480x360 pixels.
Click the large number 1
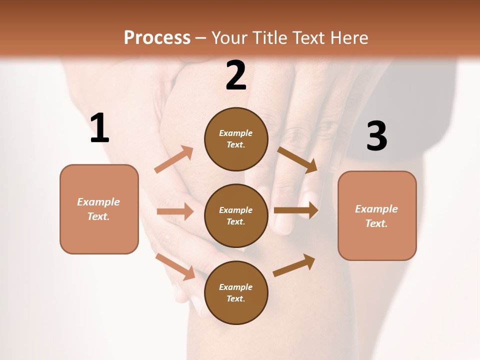99,128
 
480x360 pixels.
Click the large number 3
376,136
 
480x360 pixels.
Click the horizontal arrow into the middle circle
175,211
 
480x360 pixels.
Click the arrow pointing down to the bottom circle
175,266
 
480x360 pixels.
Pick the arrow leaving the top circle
297,160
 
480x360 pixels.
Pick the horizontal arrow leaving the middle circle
296,210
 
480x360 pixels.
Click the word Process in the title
157,37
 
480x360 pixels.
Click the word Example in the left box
98,202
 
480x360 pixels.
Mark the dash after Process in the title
201,38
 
